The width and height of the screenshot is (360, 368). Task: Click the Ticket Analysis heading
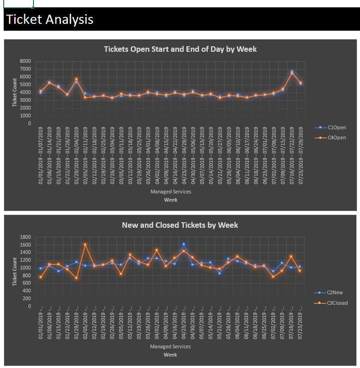tap(50, 19)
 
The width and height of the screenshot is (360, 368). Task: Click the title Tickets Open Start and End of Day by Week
tap(180, 49)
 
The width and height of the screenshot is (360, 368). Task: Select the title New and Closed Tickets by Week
tap(180, 225)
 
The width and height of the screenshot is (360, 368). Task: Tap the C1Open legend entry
tap(336, 127)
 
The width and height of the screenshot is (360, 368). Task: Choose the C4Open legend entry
tap(336, 137)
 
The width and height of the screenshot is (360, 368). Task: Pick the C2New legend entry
tap(334, 292)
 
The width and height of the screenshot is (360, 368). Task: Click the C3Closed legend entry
tap(337, 303)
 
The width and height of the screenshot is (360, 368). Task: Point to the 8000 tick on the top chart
tap(25, 61)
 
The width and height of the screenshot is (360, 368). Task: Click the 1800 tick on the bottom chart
tap(25, 237)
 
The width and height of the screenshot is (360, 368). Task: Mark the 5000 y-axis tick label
tap(25, 84)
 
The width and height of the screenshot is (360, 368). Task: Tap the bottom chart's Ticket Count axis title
tap(15, 271)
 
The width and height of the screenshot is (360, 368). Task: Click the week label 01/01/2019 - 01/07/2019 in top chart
tap(41, 156)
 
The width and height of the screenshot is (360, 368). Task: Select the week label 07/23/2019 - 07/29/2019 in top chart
tap(300, 156)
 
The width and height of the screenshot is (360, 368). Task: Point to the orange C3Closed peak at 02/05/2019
tap(85, 244)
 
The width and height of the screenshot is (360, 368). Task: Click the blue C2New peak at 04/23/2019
tap(184, 244)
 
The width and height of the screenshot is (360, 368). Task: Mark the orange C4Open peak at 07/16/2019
tap(292, 73)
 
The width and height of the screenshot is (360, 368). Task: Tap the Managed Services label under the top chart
tap(171, 192)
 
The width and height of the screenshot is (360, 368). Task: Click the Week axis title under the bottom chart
tap(170, 355)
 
